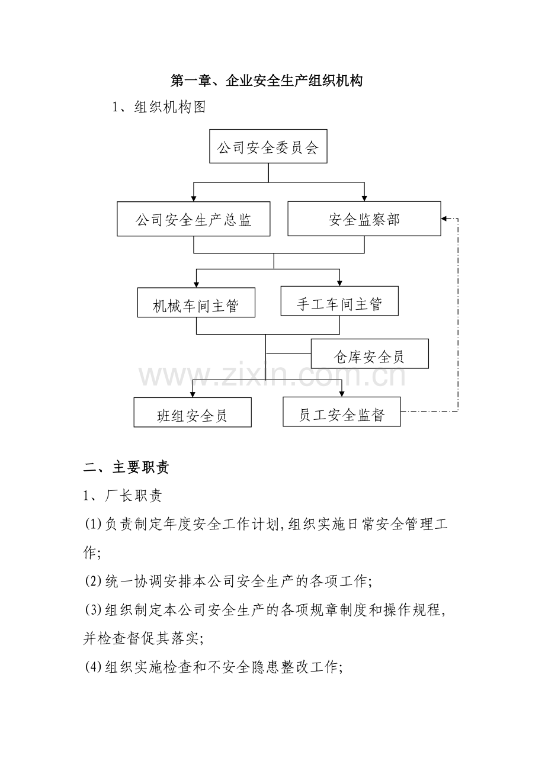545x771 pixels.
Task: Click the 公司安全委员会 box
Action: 268,146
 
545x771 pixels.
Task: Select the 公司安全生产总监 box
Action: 194,219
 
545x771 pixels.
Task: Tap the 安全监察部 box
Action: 364,219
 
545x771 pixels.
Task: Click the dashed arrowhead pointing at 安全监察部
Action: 445,219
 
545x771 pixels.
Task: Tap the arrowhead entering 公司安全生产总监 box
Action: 194,198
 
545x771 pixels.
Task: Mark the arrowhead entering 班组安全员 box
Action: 193,393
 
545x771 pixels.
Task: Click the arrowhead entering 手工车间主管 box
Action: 339,282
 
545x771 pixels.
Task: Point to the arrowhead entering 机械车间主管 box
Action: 196,284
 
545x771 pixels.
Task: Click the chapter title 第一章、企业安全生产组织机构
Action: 267,81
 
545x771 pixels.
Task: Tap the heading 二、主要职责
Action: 126,468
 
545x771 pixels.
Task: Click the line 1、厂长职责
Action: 123,496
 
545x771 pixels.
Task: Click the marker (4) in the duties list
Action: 94,667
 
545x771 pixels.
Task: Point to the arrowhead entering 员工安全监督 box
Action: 342,393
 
